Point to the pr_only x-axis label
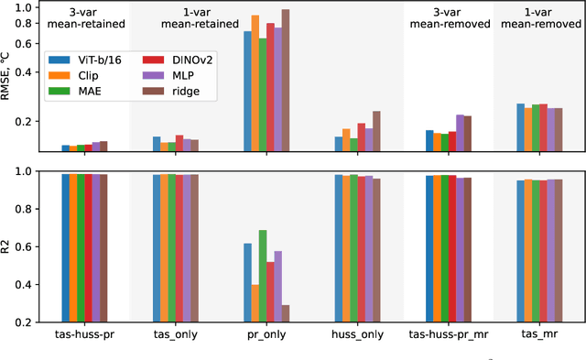pos(266,335)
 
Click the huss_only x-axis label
pos(357,335)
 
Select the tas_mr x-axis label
pos(539,335)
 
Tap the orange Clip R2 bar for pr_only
pos(255,303)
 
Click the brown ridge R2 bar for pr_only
pos(286,313)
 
